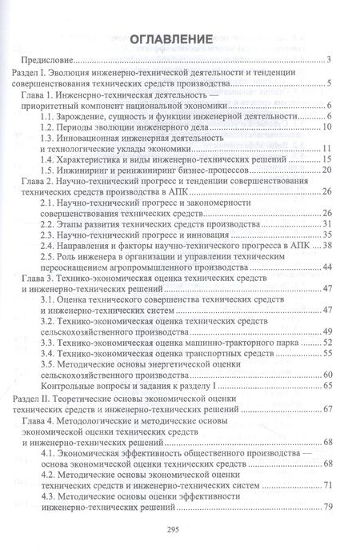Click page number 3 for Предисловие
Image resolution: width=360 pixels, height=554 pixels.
point(330,60)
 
